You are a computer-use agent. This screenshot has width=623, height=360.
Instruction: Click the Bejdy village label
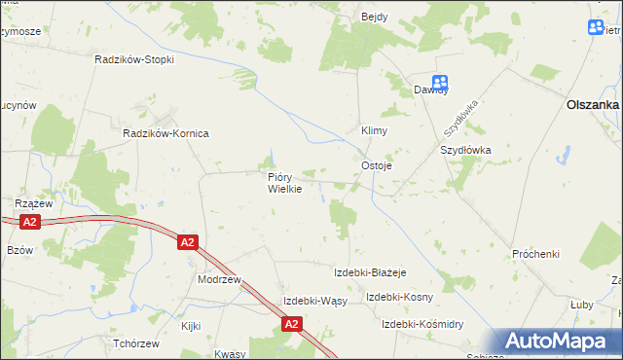374,18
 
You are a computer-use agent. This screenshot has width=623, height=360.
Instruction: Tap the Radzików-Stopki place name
134,59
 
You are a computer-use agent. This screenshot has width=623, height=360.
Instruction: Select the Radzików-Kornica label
165,133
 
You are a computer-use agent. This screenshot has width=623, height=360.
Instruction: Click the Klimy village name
375,129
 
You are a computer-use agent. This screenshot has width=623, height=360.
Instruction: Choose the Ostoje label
377,165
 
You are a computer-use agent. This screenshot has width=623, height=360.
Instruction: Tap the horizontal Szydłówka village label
466,151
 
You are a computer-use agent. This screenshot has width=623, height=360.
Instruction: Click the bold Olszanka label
594,105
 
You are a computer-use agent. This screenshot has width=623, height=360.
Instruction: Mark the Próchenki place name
535,254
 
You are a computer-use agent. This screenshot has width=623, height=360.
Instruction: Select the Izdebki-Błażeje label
370,271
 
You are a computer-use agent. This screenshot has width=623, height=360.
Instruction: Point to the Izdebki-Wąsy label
314,300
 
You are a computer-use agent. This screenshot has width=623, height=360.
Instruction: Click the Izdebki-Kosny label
399,297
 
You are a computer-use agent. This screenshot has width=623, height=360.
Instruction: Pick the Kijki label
190,326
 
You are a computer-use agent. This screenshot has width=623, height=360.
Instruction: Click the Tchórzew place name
135,344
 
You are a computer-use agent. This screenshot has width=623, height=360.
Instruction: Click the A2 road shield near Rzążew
30,223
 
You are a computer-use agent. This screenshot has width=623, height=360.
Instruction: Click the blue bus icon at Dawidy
440,84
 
